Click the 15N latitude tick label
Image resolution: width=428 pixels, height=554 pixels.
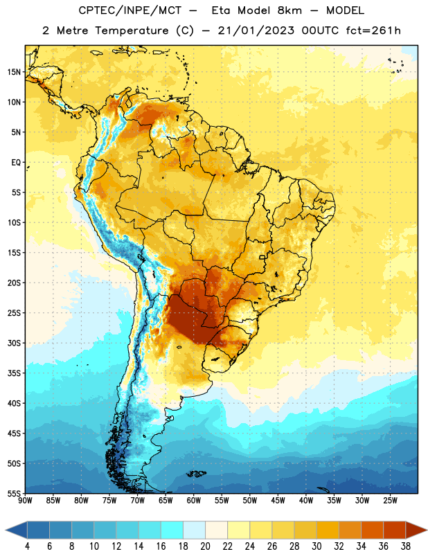click(x=14, y=72)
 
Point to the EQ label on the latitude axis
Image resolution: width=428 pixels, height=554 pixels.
click(x=16, y=163)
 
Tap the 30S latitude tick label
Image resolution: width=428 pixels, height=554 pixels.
click(x=14, y=343)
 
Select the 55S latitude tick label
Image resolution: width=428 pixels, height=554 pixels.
click(x=14, y=493)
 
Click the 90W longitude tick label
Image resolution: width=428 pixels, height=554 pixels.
click(x=25, y=501)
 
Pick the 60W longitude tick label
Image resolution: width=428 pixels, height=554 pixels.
click(x=194, y=501)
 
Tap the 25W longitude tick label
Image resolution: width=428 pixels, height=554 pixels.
click(x=390, y=501)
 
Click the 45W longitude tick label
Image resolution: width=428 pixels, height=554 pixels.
click(x=278, y=501)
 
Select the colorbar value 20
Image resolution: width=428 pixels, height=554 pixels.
click(x=205, y=546)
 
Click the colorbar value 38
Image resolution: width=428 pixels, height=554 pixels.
click(x=406, y=546)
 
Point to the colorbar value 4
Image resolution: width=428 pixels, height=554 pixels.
click(x=28, y=546)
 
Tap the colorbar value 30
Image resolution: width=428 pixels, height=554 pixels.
click(x=316, y=546)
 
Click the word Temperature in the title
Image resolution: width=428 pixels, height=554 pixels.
click(x=132, y=30)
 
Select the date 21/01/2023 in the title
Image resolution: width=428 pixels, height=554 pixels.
click(x=256, y=30)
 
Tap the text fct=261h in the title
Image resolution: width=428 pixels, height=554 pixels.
click(x=373, y=30)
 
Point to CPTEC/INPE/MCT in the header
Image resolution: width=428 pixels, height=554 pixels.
click(x=130, y=10)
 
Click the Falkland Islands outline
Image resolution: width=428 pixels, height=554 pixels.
click(x=196, y=474)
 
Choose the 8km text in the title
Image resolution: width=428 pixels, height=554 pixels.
click(x=289, y=10)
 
